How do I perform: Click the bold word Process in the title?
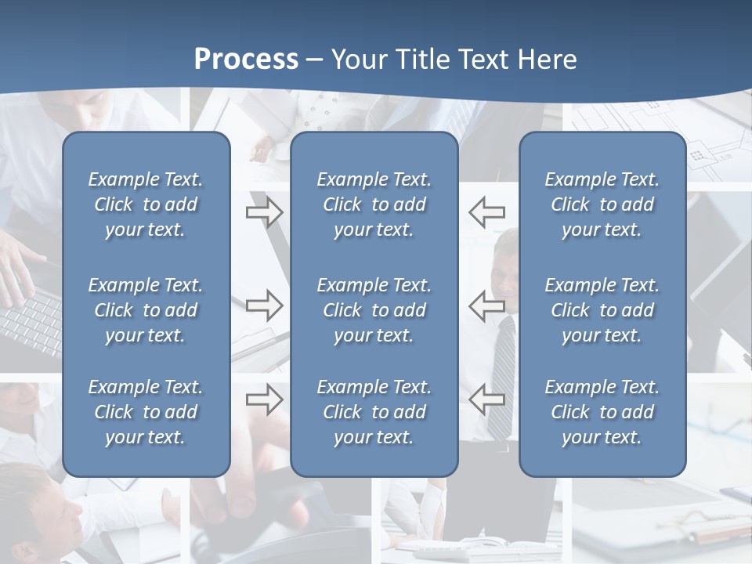click(x=246, y=60)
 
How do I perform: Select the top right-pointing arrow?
click(x=264, y=211)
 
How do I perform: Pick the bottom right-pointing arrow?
click(x=264, y=399)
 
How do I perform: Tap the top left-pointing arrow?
click(x=487, y=211)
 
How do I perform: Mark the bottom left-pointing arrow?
click(x=487, y=399)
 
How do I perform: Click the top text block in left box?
click(x=146, y=204)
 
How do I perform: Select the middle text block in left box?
click(x=146, y=310)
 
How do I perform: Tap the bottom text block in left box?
click(x=146, y=412)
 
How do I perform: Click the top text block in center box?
click(x=374, y=204)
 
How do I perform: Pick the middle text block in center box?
click(x=374, y=310)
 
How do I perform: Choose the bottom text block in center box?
click(x=374, y=412)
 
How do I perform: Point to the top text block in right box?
click(x=602, y=204)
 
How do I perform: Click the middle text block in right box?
click(x=602, y=310)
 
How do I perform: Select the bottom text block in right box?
click(x=602, y=412)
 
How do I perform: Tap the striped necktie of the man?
click(x=503, y=368)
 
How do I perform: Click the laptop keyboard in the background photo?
click(x=31, y=321)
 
